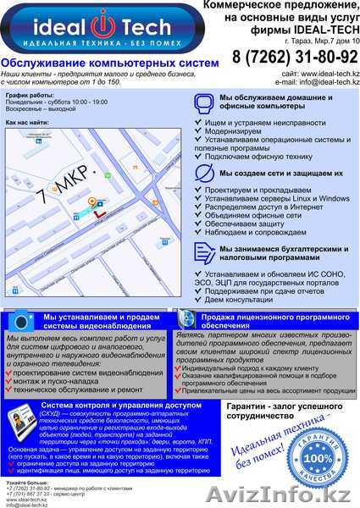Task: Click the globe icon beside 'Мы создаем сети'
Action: [201, 174]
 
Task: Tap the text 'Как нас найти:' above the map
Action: [27, 123]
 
